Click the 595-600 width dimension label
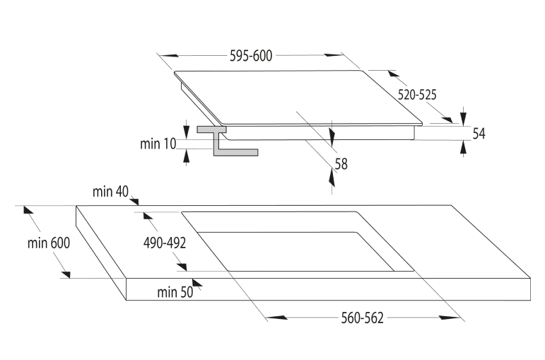tap(251, 56)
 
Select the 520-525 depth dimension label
tap(417, 95)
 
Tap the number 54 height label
tap(479, 133)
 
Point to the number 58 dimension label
tap(341, 164)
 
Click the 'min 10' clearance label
tap(158, 144)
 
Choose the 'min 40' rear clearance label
tap(110, 191)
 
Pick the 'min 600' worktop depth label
tap(49, 243)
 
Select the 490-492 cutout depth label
tap(165, 243)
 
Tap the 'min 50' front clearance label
tap(175, 292)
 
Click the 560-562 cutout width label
tap(362, 318)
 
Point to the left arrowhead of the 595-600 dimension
tap(170, 56)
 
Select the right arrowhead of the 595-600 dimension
tap(334, 55)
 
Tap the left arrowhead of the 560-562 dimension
tap(276, 318)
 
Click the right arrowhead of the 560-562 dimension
tap(449, 318)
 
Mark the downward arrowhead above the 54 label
tap(463, 117)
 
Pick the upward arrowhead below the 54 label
tap(463, 148)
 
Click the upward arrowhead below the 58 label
tap(332, 179)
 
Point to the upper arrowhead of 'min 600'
tap(28, 210)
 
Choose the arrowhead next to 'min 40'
tap(134, 201)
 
